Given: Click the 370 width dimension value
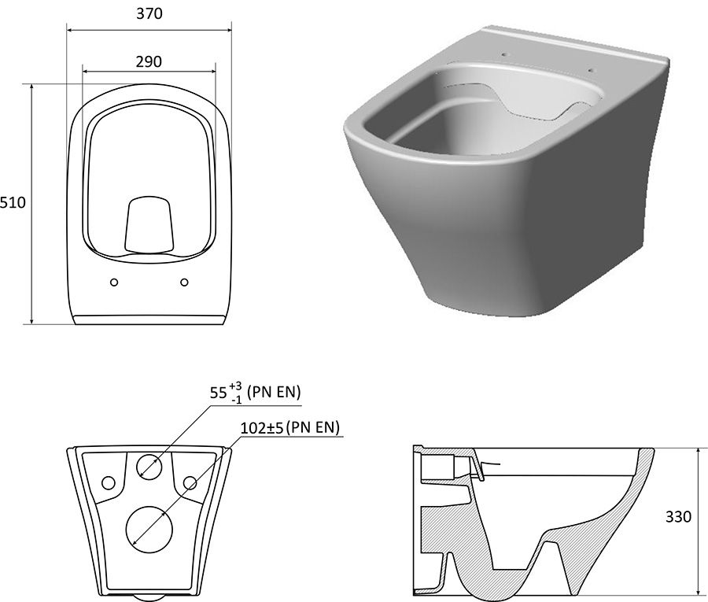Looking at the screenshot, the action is click(x=149, y=13).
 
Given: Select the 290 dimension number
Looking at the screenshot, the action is click(x=149, y=61).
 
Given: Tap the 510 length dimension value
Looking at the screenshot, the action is click(x=13, y=202).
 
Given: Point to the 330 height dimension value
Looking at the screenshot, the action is click(x=678, y=516).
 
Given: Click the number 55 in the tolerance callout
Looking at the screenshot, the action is click(x=218, y=393).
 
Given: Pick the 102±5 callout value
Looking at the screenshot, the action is click(x=261, y=427).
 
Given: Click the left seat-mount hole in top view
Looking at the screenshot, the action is click(x=114, y=283).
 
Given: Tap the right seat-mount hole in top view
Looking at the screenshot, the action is click(x=184, y=283).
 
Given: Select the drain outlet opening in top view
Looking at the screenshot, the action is click(x=149, y=224).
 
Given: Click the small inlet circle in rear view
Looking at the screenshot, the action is click(x=149, y=467).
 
